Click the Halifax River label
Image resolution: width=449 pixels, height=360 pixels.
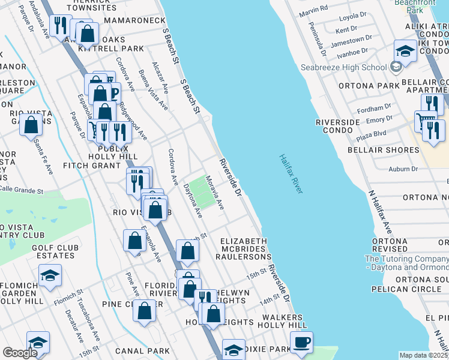click(291, 174)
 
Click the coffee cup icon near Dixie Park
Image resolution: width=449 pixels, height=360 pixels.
click(301, 342)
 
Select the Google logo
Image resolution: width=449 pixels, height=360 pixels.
click(20, 353)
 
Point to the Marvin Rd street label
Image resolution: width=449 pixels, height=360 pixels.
click(314, 8)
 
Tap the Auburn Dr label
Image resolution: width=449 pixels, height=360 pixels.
click(402, 169)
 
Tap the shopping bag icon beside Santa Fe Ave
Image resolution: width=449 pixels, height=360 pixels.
click(31, 126)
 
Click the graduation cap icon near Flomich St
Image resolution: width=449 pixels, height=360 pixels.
click(50, 275)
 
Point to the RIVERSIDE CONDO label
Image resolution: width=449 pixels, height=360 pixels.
click(337, 127)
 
